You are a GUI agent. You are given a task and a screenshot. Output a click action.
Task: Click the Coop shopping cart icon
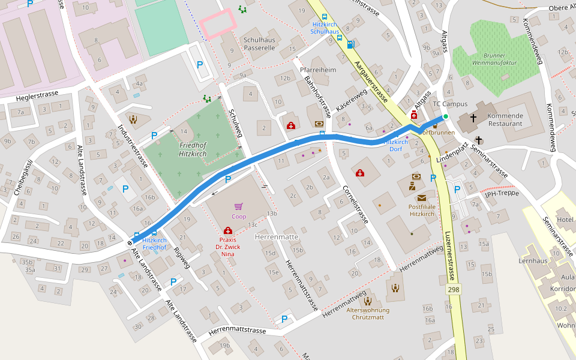point(239,206)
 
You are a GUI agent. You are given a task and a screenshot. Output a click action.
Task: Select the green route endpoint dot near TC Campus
point(445,116)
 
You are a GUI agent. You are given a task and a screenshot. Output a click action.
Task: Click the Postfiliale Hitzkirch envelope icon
point(422,198)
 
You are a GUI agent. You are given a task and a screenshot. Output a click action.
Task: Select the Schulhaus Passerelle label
point(259,44)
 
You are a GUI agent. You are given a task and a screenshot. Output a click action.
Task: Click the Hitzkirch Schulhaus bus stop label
point(325,28)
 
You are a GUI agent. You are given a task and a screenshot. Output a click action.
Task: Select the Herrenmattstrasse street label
point(238,331)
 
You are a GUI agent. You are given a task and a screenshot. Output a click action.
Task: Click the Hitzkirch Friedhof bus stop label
point(154,244)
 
